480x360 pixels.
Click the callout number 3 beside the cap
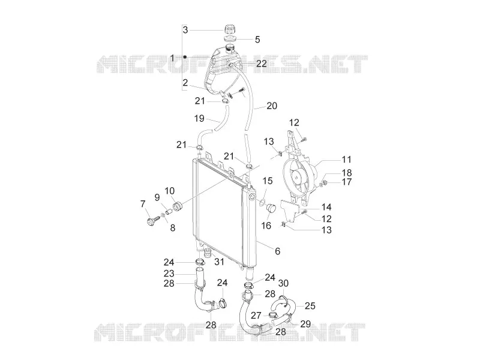pyautogui.click(x=185, y=30)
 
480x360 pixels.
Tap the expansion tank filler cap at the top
pyautogui.click(x=230, y=29)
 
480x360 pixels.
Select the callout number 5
pyautogui.click(x=257, y=40)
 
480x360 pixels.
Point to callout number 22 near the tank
pyautogui.click(x=262, y=64)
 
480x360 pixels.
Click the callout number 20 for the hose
pyautogui.click(x=272, y=106)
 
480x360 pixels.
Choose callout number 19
pyautogui.click(x=199, y=118)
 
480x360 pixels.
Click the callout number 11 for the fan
pyautogui.click(x=346, y=159)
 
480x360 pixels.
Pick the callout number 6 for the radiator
pyautogui.click(x=277, y=251)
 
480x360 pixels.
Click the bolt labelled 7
pyautogui.click(x=152, y=220)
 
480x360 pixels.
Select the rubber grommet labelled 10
pyautogui.click(x=177, y=206)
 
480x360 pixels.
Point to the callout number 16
pyautogui.click(x=266, y=226)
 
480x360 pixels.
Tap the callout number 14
pyautogui.click(x=326, y=207)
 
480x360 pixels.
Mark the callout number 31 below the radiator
pyautogui.click(x=219, y=262)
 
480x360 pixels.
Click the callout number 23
pyautogui.click(x=169, y=273)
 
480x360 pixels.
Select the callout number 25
pyautogui.click(x=310, y=305)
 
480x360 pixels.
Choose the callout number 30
pyautogui.click(x=283, y=283)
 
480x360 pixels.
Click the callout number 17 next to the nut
pyautogui.click(x=347, y=182)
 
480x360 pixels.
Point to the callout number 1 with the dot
pyautogui.click(x=172, y=58)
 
